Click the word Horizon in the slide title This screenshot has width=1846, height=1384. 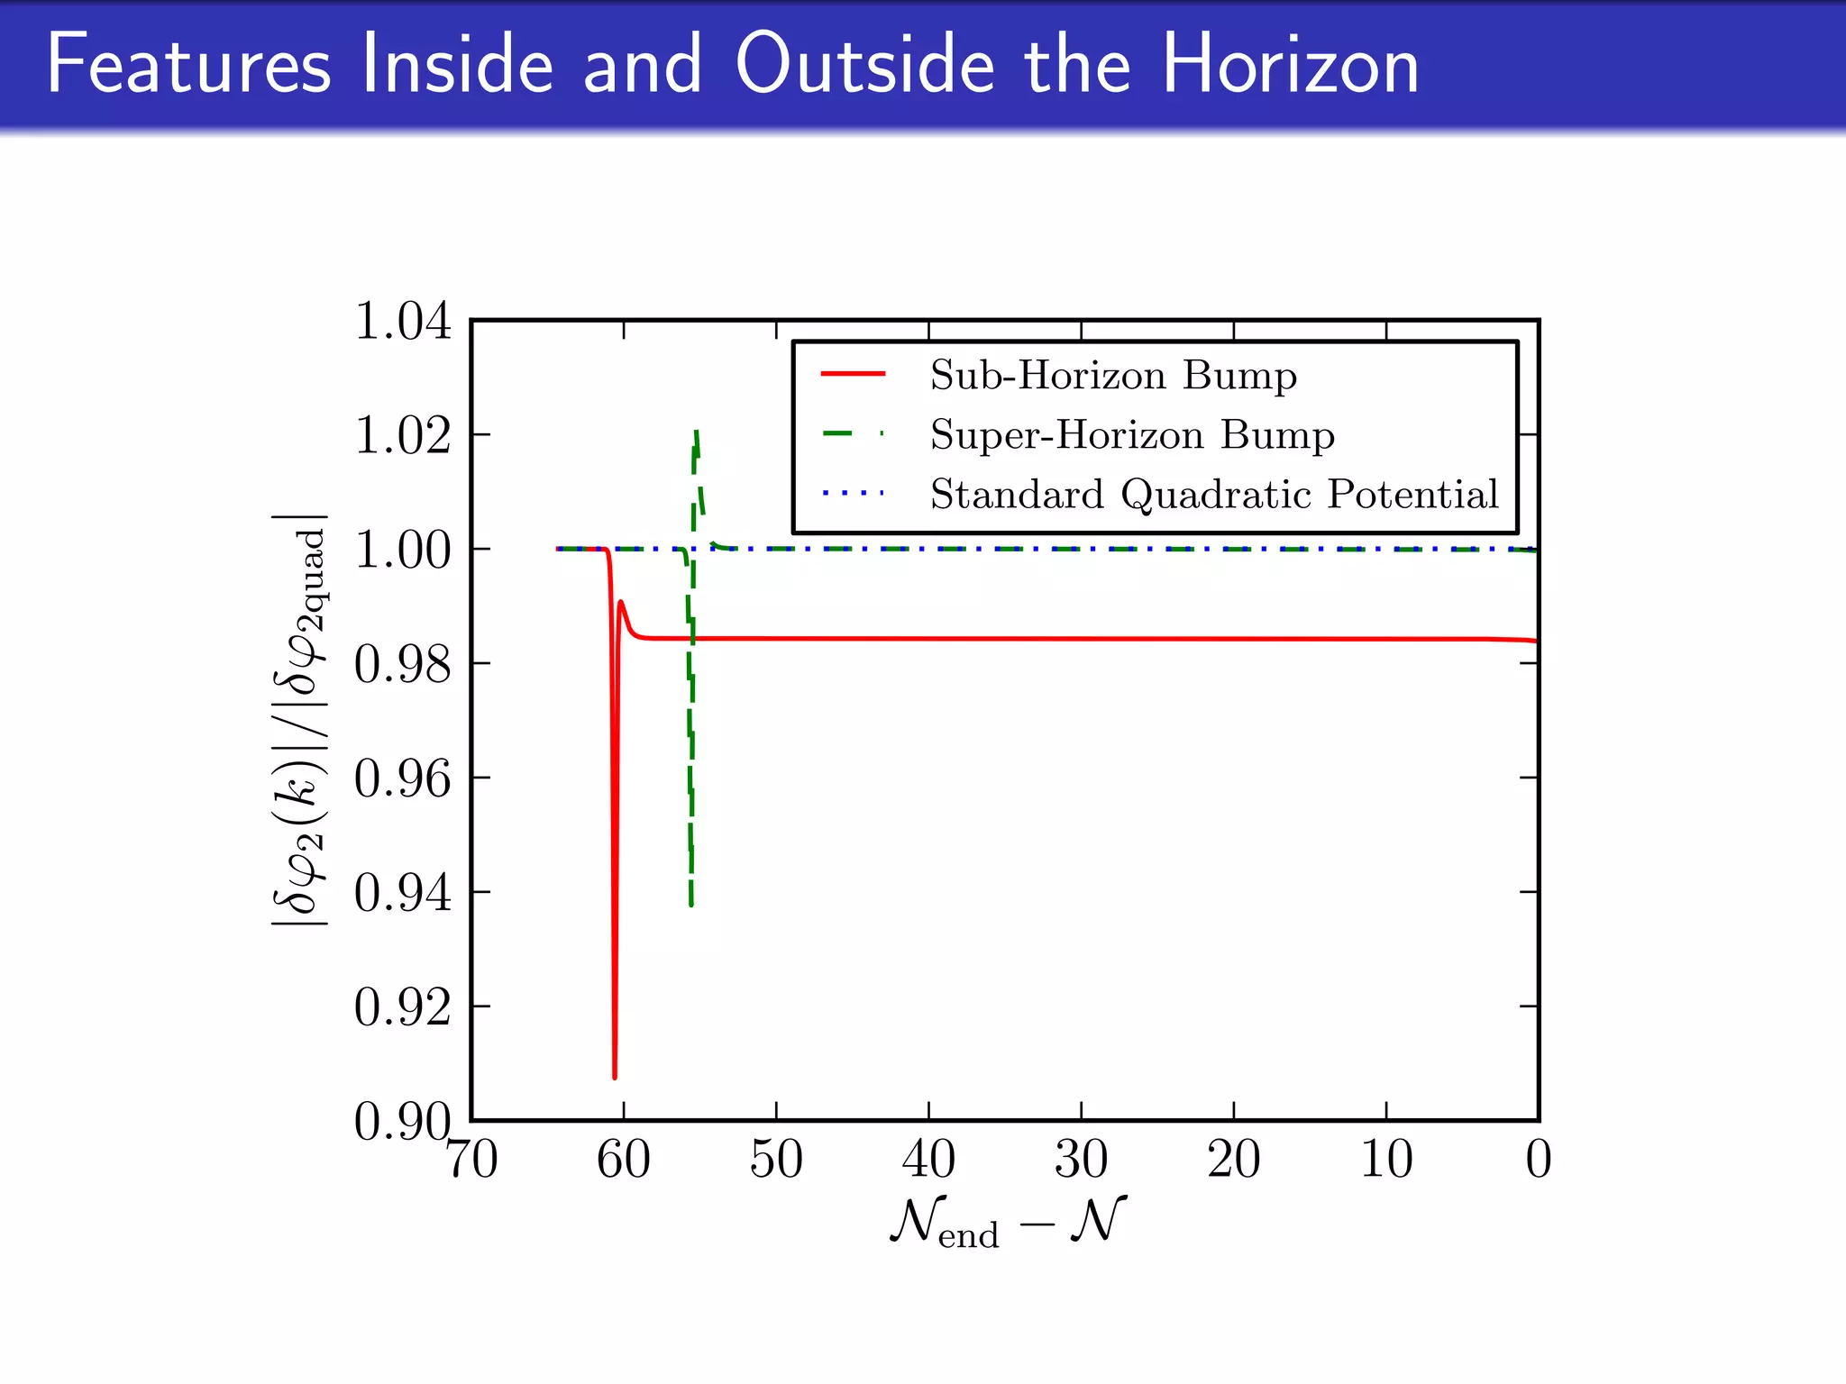coord(1290,65)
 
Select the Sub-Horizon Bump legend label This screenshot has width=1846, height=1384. coord(1113,375)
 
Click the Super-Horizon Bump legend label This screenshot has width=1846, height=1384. coord(1132,435)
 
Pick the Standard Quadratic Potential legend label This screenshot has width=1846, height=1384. coord(1214,495)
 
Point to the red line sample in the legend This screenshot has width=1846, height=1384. coord(853,374)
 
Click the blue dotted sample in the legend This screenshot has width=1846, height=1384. coord(853,494)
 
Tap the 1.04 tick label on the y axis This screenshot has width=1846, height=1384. coord(402,322)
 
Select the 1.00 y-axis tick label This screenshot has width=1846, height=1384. coord(402,550)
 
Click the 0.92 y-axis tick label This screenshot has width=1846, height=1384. coord(402,1007)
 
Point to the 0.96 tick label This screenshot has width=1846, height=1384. coord(402,778)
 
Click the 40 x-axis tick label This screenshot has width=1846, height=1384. coord(928,1160)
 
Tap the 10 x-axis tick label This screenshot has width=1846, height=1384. coord(1385,1160)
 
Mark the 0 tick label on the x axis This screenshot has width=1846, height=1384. coord(1538,1160)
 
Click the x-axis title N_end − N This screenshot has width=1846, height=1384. coord(1008,1223)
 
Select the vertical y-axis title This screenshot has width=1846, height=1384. coord(300,720)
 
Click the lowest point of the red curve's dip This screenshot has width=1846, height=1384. coord(615,1077)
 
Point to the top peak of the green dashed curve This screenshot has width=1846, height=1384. coord(697,432)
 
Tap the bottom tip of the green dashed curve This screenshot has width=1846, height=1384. coord(691,905)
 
